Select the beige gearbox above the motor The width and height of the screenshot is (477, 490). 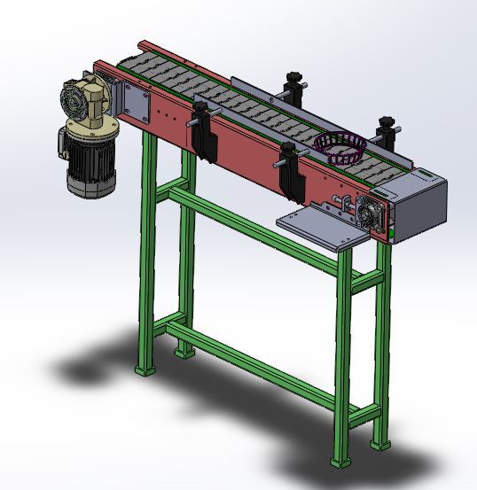pos(85,103)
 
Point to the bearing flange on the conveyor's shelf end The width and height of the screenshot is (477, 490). pos(370,214)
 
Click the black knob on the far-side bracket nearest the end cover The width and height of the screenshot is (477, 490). pos(387,121)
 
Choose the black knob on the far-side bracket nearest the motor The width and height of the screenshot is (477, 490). pos(293,77)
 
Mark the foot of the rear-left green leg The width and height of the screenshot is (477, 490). pos(183,349)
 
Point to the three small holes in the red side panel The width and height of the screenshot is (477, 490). pos(168,114)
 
